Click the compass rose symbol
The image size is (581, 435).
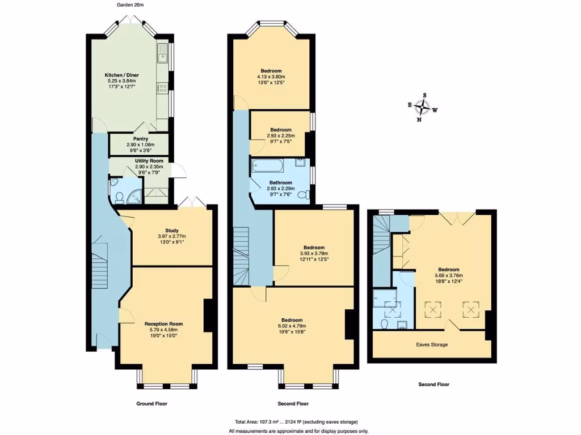pos(422,107)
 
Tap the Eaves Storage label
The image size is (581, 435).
pos(432,344)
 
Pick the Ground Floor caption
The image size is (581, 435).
pos(151,404)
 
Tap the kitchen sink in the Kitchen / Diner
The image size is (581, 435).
pos(163,56)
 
